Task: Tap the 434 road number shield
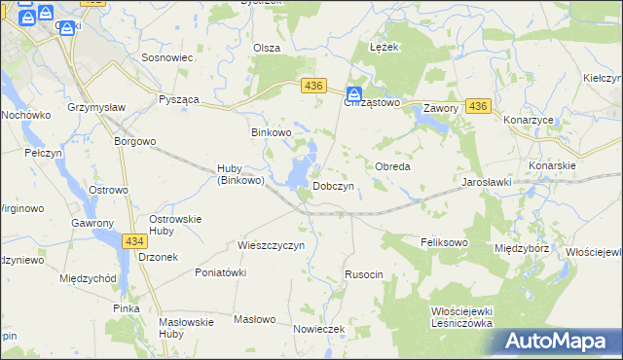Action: click(135, 240)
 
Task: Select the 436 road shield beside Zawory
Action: click(477, 106)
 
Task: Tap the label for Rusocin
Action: click(363, 274)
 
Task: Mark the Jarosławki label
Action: click(487, 182)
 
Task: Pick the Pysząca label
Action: click(179, 100)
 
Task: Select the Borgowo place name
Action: click(135, 141)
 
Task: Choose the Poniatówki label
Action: click(221, 272)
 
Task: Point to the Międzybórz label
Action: click(522, 248)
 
